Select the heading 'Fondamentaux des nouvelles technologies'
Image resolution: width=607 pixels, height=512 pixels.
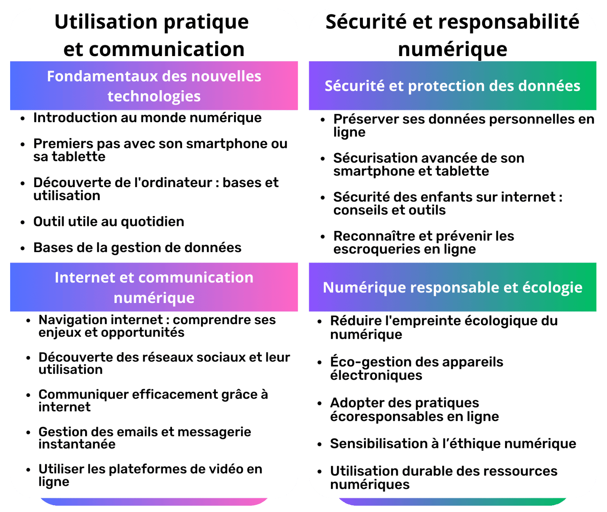[x=154, y=86]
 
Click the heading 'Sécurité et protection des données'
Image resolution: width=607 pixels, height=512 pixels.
[x=452, y=86]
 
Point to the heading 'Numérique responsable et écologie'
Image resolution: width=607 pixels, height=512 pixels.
[x=452, y=287]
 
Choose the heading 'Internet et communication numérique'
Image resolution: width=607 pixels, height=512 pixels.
[x=154, y=287]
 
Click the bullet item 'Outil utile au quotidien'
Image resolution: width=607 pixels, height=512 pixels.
[x=109, y=222]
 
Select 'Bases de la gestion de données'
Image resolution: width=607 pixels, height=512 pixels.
[x=137, y=248]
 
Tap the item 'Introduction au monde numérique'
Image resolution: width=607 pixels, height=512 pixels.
[x=148, y=118]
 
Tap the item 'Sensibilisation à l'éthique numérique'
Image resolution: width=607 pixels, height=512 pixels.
[x=453, y=444]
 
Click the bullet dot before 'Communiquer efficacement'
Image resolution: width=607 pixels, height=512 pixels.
[x=28, y=395]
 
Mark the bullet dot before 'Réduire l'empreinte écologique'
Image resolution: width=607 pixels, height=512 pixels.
[x=320, y=322]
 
